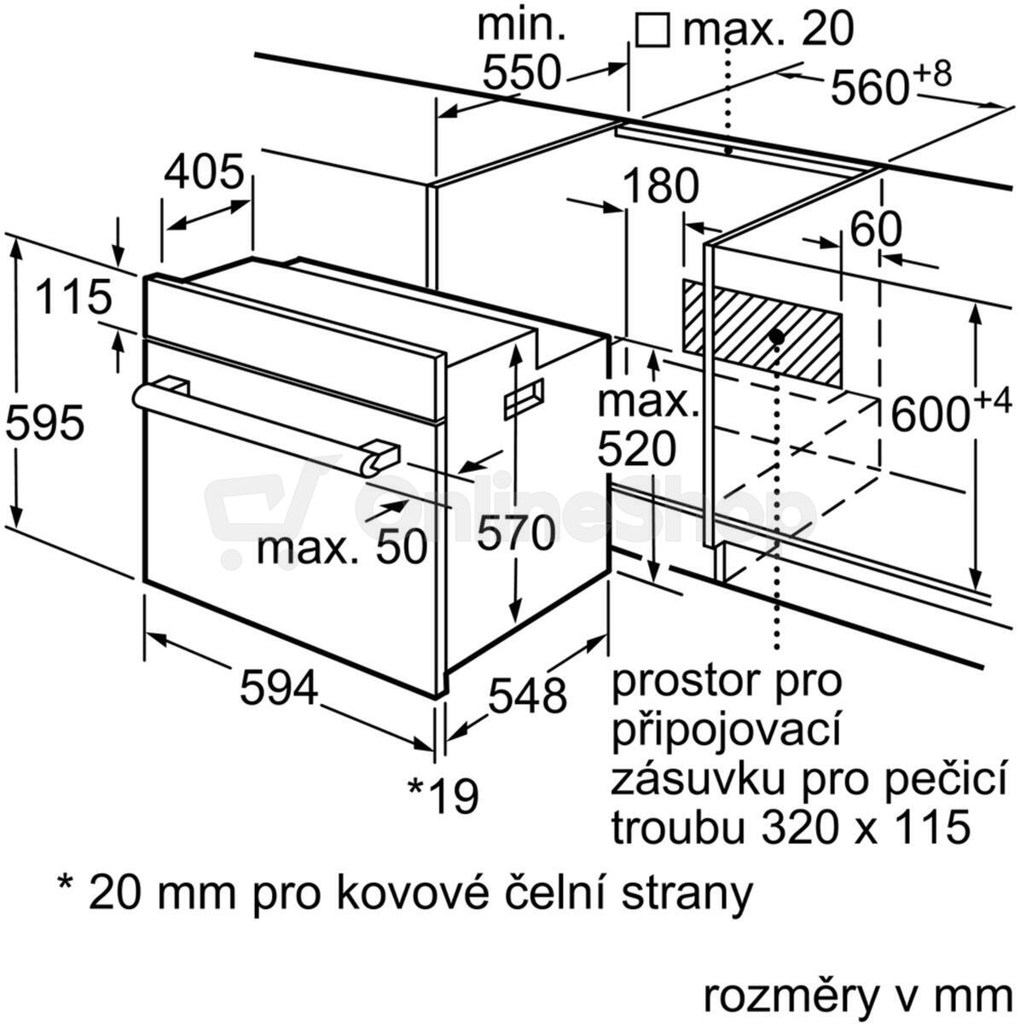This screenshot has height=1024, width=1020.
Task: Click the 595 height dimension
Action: pos(44,423)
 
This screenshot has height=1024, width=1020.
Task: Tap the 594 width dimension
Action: pos(279,687)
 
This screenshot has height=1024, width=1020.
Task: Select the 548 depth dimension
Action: pos(527,696)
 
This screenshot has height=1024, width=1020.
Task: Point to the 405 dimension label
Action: pos(204,172)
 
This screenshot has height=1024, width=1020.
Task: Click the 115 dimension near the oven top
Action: pos(74,298)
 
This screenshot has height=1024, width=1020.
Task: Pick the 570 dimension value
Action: pos(516,533)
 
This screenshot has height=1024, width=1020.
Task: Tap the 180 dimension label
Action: pos(660,186)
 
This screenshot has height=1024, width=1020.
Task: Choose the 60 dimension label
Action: pos(876,230)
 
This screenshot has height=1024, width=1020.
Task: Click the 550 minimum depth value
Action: pos(521,73)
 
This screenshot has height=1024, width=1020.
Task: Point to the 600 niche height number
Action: pos(930,415)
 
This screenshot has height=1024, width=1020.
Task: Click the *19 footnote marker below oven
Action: pos(443,795)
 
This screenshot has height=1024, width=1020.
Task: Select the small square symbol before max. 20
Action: pos(652,30)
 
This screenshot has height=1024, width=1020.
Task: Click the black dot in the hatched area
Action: pos(777,336)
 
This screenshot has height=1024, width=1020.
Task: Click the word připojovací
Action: pos(727,730)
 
